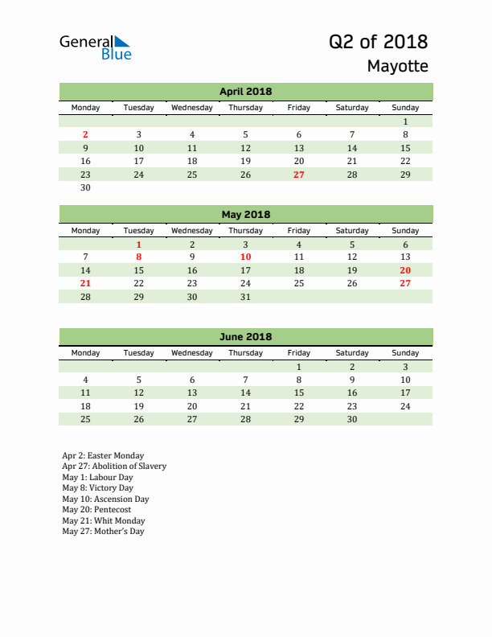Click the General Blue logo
click(95, 47)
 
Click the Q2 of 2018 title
click(378, 42)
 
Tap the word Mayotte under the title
click(397, 67)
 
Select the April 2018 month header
click(245, 92)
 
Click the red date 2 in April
click(86, 135)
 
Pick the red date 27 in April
click(298, 175)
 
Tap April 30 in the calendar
click(86, 188)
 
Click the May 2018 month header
click(245, 215)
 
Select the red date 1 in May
click(139, 245)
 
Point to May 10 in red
click(245, 257)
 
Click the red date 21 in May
click(86, 284)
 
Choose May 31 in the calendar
click(245, 297)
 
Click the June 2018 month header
click(245, 337)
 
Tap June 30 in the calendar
click(351, 419)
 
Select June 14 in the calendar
click(245, 392)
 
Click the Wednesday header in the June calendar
click(192, 353)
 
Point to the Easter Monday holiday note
click(103, 456)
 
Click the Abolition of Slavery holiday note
click(114, 466)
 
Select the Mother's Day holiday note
click(103, 532)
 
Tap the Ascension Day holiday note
click(105, 499)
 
